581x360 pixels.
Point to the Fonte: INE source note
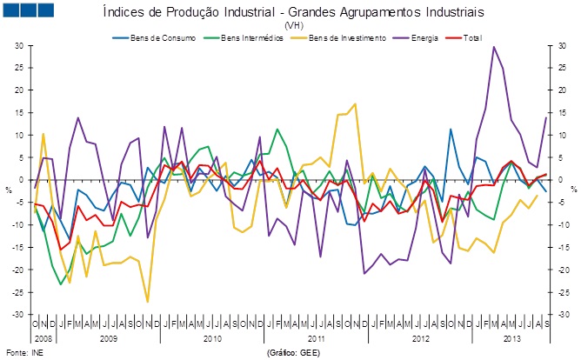point(23,354)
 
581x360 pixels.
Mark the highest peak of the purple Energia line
point(494,47)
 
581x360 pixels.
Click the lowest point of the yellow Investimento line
point(148,302)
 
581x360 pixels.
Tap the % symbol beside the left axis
point(10,188)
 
